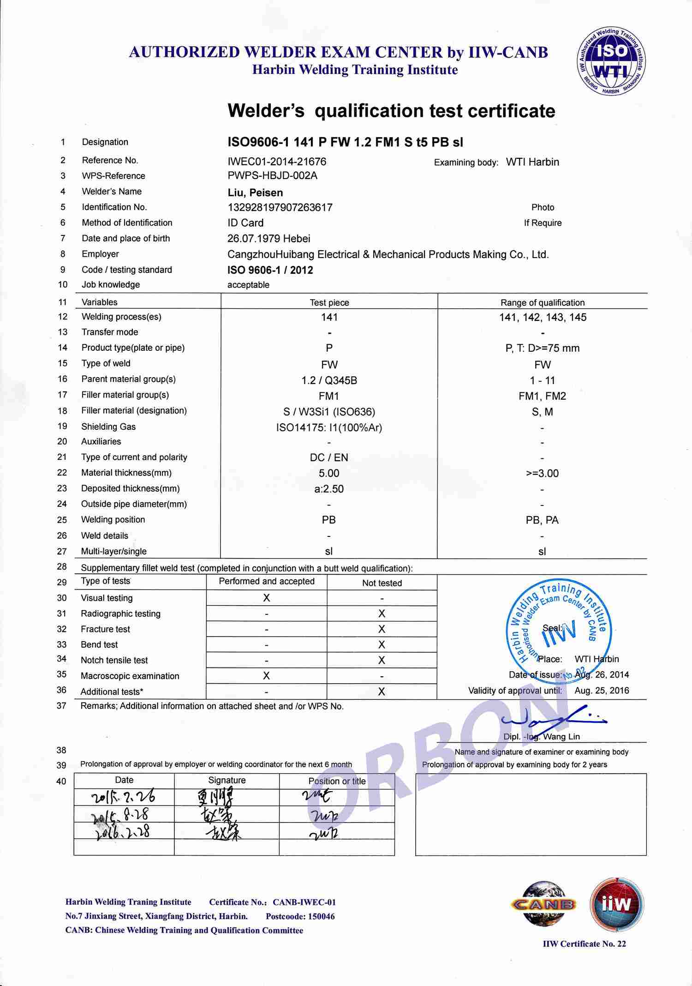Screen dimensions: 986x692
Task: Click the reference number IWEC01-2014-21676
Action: click(277, 162)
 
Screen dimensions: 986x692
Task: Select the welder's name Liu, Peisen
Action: click(255, 192)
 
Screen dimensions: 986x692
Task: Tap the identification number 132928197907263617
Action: click(280, 207)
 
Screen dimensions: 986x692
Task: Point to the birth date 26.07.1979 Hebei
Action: click(268, 239)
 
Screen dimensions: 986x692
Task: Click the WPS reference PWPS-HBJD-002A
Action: click(272, 175)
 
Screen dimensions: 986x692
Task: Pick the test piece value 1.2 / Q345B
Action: click(329, 380)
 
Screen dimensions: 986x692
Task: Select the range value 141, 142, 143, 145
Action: click(543, 317)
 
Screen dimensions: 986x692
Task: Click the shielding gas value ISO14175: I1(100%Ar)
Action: click(329, 427)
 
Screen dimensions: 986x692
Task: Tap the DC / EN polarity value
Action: click(329, 457)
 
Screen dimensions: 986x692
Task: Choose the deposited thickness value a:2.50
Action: click(329, 489)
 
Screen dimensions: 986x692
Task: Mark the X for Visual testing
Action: click(267, 598)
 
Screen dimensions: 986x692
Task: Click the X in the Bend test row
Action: click(382, 645)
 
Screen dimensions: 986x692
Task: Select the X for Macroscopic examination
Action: click(266, 676)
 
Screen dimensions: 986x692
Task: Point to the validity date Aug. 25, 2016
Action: click(602, 691)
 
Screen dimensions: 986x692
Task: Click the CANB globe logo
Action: click(543, 903)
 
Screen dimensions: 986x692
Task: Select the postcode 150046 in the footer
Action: click(319, 916)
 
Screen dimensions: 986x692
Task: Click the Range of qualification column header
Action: click(543, 303)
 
